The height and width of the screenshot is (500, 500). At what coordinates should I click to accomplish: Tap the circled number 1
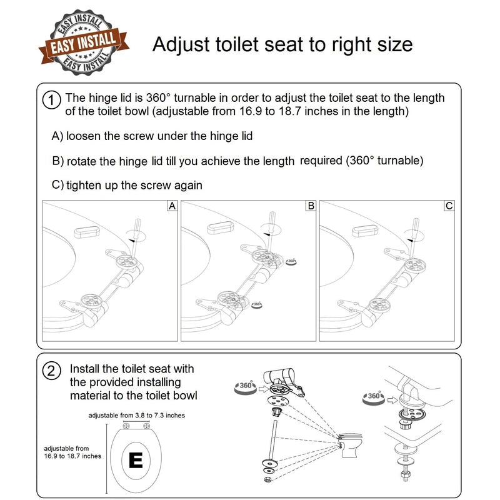51,99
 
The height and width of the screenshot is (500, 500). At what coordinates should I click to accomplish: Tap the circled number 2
51,370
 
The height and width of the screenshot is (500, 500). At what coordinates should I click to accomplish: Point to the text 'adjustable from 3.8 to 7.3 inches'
136,415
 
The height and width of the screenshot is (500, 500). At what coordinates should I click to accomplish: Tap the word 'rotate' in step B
82,161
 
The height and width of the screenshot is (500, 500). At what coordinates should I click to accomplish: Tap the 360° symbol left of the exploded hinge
246,386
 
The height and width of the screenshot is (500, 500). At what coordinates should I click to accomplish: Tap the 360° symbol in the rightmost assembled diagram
374,396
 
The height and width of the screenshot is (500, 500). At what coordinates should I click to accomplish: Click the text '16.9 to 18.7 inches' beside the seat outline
72,456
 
